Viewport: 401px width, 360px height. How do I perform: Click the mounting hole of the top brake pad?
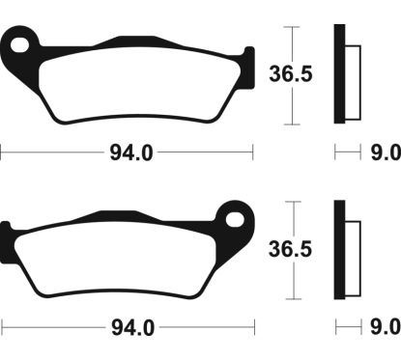coord(19,44)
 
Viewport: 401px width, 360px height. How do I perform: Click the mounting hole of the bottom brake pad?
coord(235,220)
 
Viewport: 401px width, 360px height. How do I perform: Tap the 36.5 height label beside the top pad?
coord(291,73)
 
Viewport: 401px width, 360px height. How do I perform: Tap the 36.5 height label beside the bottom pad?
coord(290,249)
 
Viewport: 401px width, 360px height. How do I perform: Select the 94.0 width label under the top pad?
coord(131,152)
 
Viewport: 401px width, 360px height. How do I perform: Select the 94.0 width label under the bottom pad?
coord(132,328)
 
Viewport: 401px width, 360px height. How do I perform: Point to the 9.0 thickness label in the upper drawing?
coord(386,152)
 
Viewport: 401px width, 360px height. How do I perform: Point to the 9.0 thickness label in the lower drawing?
coord(386,327)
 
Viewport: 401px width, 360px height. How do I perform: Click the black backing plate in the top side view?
coord(339,73)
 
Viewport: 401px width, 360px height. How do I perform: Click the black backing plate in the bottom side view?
coord(339,250)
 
